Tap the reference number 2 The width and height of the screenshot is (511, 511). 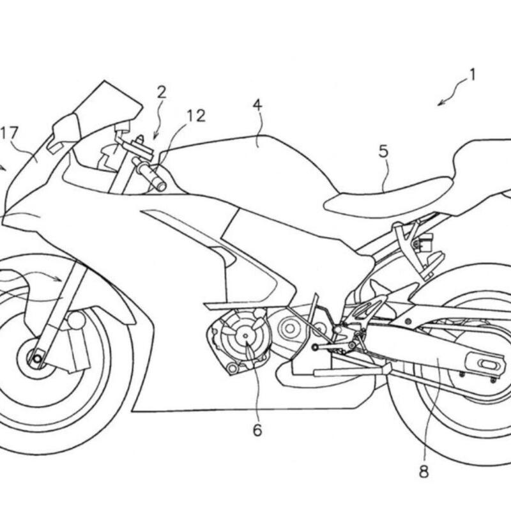tap(162, 92)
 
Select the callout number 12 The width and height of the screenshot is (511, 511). tap(195, 116)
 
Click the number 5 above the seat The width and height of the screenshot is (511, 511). tap(383, 151)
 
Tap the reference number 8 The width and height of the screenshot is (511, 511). tap(424, 473)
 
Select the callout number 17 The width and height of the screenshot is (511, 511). tap(10, 133)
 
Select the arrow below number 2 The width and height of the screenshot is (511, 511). tap(156, 132)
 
